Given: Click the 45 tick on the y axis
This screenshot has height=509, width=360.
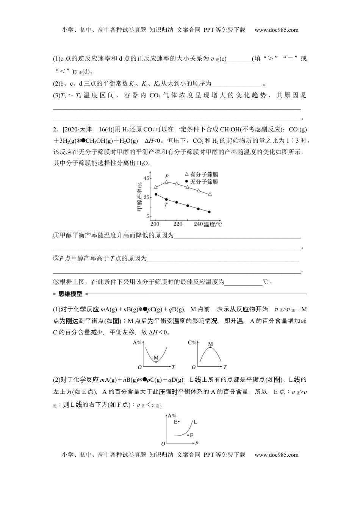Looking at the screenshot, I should [x=146, y=178].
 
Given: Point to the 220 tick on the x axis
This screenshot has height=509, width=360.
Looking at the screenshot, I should [x=178, y=224].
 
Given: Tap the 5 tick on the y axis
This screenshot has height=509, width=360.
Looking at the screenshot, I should [x=147, y=217].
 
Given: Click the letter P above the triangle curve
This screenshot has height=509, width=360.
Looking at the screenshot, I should [x=167, y=176].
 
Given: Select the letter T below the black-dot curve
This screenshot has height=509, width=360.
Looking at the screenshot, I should [x=166, y=205].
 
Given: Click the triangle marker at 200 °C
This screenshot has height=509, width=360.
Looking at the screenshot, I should [x=156, y=187].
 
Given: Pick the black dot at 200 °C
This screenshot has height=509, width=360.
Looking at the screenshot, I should [x=156, y=195].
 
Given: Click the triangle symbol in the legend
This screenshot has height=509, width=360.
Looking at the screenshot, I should [x=186, y=174].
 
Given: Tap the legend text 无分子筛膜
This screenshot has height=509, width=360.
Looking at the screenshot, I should [x=204, y=182].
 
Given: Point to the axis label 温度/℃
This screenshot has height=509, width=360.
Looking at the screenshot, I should [x=213, y=225].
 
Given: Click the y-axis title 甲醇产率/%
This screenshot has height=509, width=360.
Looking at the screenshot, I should [x=139, y=197].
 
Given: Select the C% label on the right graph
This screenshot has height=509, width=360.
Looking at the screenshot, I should [x=193, y=343].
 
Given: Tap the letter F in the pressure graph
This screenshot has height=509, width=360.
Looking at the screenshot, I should [x=192, y=436].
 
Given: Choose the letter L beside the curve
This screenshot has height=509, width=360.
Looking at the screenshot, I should [x=196, y=422].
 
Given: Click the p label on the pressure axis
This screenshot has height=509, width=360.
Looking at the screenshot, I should [x=197, y=443].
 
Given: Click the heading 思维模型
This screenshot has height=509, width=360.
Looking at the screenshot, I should [x=70, y=294].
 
